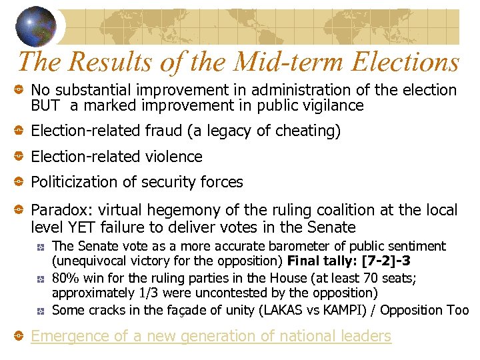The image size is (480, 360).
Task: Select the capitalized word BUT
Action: point(45,105)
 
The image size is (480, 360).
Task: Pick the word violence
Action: point(171,157)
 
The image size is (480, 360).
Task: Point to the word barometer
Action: point(281,246)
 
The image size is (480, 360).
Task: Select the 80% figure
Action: point(65,278)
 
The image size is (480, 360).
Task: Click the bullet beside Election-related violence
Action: point(19,157)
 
